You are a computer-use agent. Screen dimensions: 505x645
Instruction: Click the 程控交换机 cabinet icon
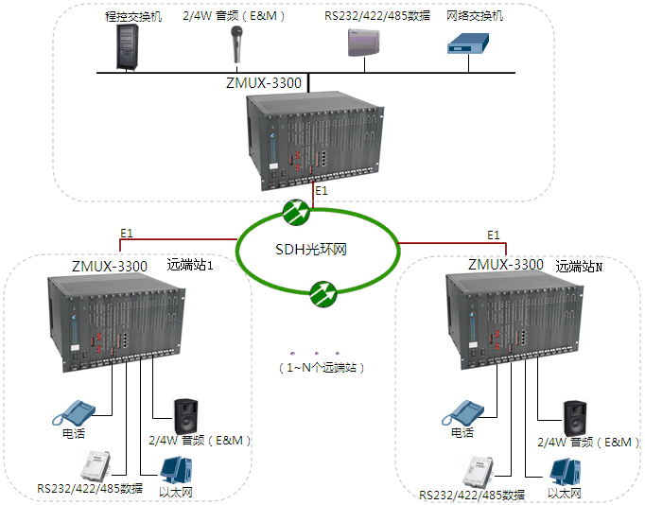(126, 46)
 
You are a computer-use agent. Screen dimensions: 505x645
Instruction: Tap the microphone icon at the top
(236, 44)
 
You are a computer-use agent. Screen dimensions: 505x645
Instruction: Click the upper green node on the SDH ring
(296, 212)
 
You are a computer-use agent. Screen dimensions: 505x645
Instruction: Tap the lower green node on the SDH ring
(323, 295)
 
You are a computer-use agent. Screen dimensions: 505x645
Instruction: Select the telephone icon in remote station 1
(75, 411)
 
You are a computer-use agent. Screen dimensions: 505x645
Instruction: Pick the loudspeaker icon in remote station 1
(185, 415)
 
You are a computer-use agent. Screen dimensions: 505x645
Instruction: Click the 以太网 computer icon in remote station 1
(177, 470)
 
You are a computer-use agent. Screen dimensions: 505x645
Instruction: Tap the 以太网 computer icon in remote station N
(566, 471)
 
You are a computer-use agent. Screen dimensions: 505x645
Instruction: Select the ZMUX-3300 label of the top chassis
(264, 83)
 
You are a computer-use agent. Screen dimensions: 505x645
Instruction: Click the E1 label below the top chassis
(322, 192)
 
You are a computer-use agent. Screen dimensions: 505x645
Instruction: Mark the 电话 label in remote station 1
(73, 433)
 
